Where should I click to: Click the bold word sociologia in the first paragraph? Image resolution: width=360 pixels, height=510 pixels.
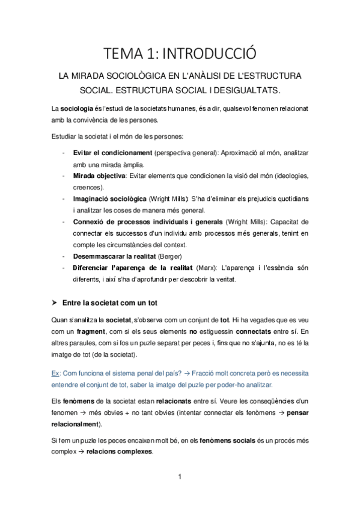coord(77,108)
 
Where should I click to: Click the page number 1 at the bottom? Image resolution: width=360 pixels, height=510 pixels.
coord(180,478)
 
